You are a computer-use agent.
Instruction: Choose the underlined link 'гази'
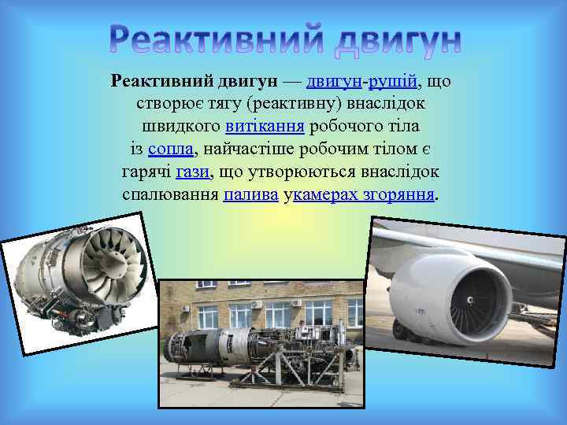[193, 172]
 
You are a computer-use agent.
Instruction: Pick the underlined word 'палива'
[250, 194]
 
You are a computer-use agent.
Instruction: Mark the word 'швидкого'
[181, 126]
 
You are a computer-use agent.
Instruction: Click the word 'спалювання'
[170, 194]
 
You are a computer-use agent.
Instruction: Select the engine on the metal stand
[260, 346]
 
